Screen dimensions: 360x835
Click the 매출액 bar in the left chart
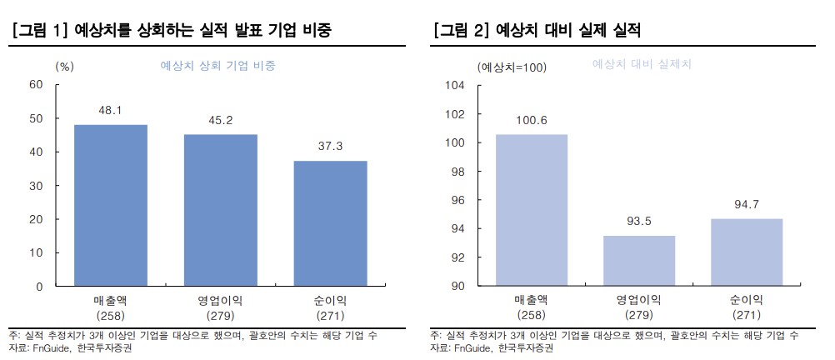(x=111, y=205)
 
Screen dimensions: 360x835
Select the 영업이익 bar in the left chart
(x=221, y=210)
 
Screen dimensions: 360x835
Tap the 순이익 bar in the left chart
(x=330, y=223)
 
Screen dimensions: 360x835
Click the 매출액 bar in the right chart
(x=531, y=210)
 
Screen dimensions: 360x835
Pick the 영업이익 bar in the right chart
(x=639, y=261)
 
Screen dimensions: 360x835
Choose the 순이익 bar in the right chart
(x=747, y=252)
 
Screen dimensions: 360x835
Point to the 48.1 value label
(x=111, y=110)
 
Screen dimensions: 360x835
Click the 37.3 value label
(x=330, y=147)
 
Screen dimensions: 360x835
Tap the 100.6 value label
(x=531, y=121)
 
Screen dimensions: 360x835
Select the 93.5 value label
(x=639, y=222)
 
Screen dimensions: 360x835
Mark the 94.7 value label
(x=747, y=205)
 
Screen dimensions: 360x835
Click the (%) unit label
(x=64, y=66)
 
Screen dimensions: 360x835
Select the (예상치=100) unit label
(x=511, y=67)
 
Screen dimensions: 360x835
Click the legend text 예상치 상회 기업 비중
(x=217, y=65)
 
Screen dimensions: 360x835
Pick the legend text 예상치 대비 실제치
(x=642, y=63)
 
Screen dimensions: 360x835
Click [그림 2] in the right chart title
(x=461, y=31)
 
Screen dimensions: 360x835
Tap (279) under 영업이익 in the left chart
(x=221, y=316)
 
